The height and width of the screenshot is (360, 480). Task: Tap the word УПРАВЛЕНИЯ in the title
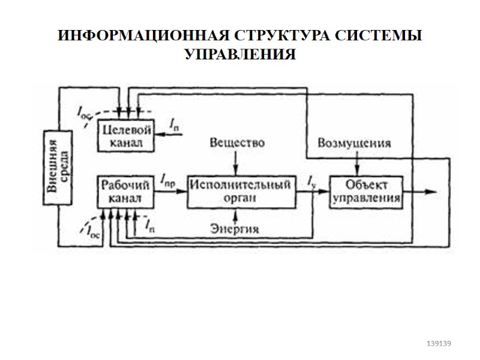tap(240, 55)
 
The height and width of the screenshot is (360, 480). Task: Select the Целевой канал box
tap(125, 136)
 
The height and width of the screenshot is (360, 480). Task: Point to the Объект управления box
tap(366, 191)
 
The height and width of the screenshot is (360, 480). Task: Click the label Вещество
tap(237, 143)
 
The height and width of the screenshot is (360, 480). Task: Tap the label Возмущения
tap(355, 143)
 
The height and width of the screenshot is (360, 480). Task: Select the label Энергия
tap(235, 229)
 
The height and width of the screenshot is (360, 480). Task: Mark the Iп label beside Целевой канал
tap(173, 125)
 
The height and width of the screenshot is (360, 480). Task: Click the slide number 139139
tap(438, 343)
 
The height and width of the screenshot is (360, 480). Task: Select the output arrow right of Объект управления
tap(420, 191)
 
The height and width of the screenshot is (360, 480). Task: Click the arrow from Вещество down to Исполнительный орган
tap(237, 163)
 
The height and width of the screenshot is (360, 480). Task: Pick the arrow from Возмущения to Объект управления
tap(358, 163)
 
